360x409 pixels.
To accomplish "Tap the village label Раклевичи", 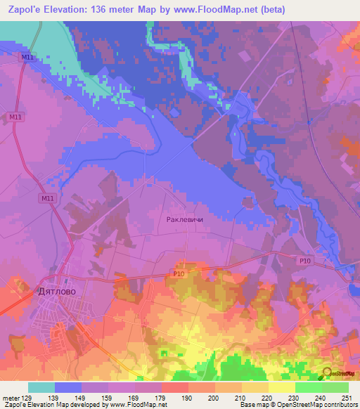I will (184, 219).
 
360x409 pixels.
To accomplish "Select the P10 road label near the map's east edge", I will (304, 261).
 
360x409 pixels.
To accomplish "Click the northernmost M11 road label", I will (28, 58).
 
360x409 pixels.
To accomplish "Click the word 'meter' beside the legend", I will (11, 397).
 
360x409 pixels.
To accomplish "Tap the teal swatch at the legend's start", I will (41, 387).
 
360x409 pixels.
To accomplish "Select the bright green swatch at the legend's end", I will (335, 387).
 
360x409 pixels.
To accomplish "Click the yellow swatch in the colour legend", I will (281, 387).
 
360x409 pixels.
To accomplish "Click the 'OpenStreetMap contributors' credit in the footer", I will (314, 405).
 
